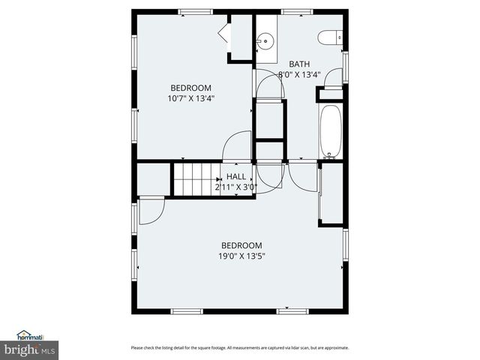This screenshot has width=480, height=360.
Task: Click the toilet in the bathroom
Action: point(330,37)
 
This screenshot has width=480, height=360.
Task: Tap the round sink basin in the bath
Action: point(265,42)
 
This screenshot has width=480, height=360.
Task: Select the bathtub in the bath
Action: point(331,130)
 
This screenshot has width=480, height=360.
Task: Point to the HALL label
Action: point(236,177)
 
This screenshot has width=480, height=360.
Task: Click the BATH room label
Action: point(299,64)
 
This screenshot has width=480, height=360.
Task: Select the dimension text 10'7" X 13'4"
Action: point(190,98)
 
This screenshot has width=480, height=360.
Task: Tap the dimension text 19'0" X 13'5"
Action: point(241,256)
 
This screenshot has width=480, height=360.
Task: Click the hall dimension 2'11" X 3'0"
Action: point(236,187)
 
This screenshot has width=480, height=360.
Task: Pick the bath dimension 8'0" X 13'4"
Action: point(299,74)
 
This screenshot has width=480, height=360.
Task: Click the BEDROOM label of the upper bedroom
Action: point(190,88)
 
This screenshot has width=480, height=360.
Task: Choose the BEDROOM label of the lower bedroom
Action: point(241,246)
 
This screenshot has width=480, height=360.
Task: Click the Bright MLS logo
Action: point(29,350)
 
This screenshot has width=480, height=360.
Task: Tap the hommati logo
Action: point(30,335)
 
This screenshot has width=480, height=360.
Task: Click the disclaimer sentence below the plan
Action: point(239,348)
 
